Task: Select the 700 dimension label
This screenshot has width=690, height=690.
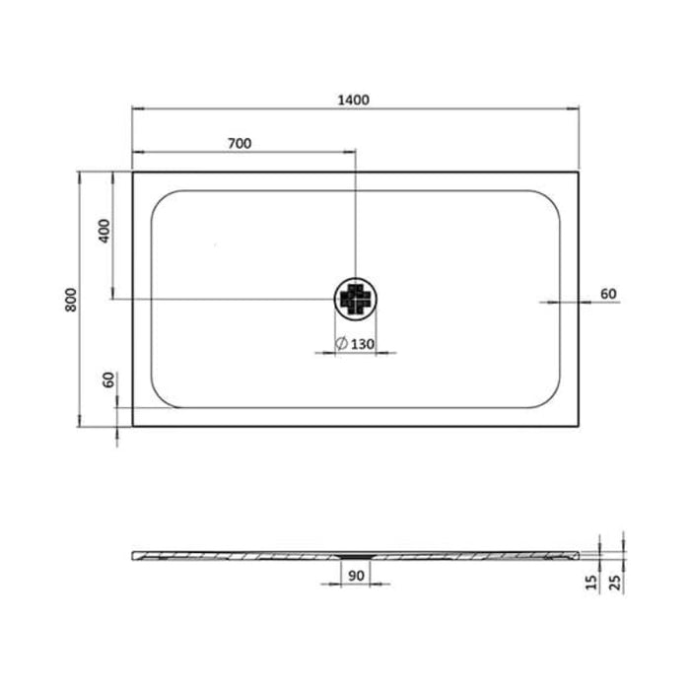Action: point(240,143)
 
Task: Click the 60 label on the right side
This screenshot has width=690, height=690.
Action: point(607,293)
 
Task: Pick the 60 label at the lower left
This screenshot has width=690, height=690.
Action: point(108,380)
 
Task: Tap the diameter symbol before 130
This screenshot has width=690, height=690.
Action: point(340,344)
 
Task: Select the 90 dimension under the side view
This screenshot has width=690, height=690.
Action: point(355,574)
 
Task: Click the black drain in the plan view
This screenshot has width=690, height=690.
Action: point(355,298)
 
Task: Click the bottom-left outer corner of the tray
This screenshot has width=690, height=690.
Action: point(132,426)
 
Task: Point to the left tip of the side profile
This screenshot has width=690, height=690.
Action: point(133,553)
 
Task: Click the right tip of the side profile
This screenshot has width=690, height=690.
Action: point(579,553)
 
